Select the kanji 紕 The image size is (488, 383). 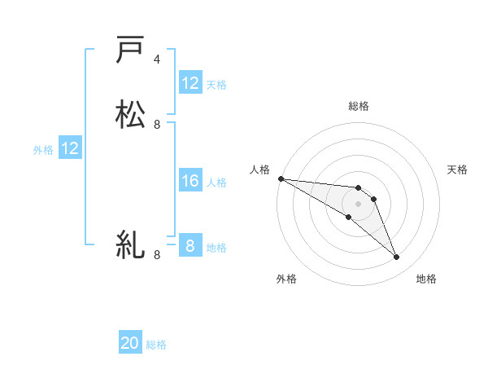[x=130, y=244]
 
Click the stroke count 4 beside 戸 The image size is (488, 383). [x=157, y=59]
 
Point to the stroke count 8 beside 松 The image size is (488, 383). [x=157, y=125]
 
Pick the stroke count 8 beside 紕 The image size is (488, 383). [x=157, y=255]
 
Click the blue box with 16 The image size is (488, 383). [x=190, y=181]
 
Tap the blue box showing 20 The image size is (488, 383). [x=130, y=344]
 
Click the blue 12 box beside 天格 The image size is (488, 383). [x=190, y=83]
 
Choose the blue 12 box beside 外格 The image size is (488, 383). [x=70, y=148]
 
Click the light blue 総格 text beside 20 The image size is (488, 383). [x=156, y=345]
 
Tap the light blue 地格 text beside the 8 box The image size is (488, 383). [x=216, y=247]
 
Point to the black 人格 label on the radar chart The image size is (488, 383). [x=259, y=169]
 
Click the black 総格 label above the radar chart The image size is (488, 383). [x=359, y=106]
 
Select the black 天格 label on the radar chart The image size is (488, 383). [x=458, y=169]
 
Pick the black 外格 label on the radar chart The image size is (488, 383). [x=286, y=279]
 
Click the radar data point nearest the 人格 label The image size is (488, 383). [x=281, y=178]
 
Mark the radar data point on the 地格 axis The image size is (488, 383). [x=396, y=258]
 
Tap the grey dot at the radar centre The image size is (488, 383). [x=358, y=204]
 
